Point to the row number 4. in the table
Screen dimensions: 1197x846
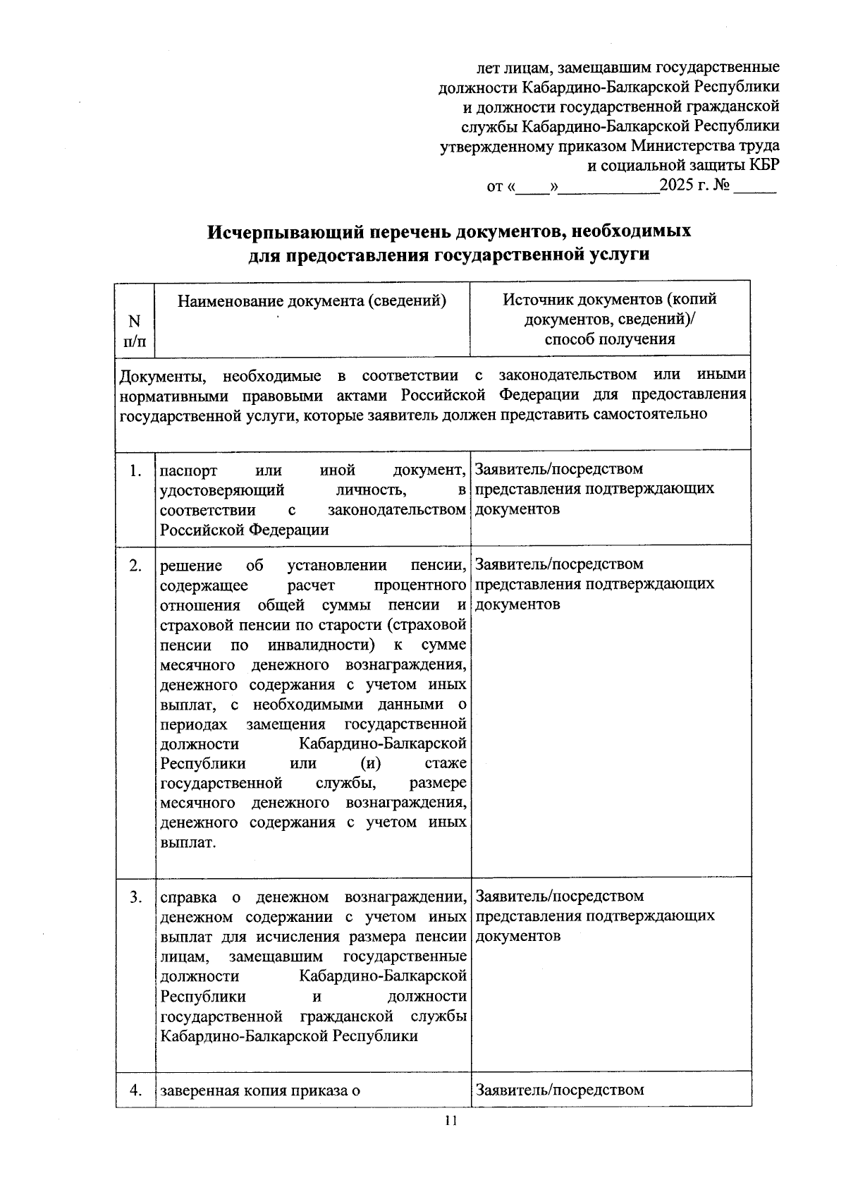[136, 1090]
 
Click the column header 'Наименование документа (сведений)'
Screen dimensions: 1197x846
[312, 301]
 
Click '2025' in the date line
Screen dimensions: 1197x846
[678, 187]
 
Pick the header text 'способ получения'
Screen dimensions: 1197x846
[610, 339]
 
